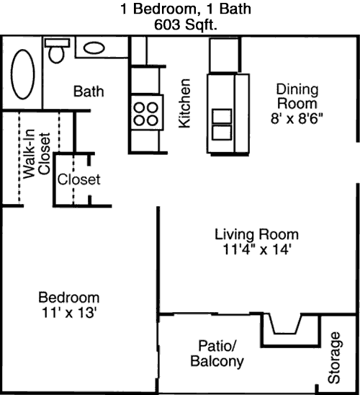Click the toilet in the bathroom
click(57, 50)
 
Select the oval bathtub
click(22, 74)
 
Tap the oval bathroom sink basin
click(94, 48)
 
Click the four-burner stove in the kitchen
click(147, 112)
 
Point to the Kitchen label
click(184, 103)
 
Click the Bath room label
click(89, 92)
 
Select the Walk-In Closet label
click(37, 154)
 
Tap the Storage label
click(334, 358)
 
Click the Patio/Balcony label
click(217, 353)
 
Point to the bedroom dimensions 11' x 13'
click(69, 313)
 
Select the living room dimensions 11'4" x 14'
click(257, 250)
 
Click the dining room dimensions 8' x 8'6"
click(297, 118)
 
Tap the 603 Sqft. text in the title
click(186, 25)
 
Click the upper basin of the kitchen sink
click(222, 116)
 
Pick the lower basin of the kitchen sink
click(222, 133)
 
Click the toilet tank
click(57, 43)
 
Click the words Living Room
click(256, 234)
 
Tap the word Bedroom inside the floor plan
click(69, 298)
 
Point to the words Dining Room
click(297, 97)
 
